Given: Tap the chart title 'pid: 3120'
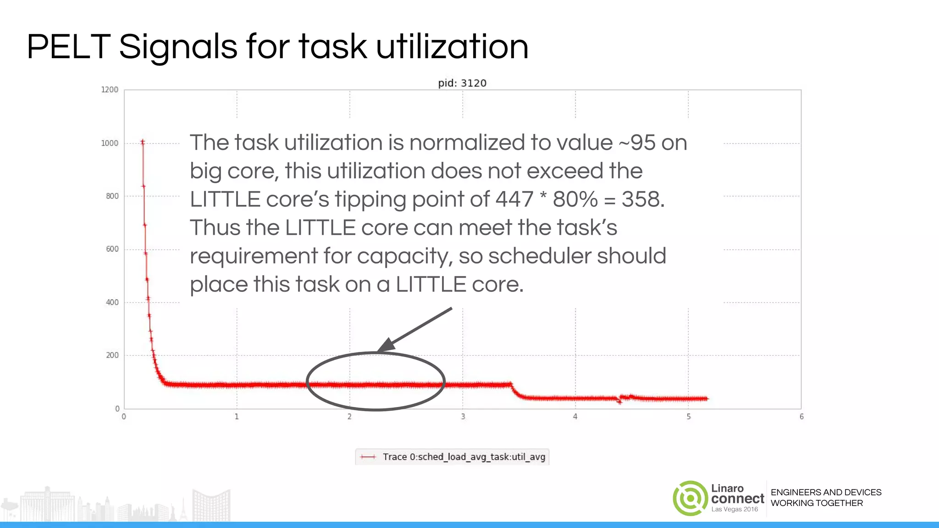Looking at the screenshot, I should [462, 83].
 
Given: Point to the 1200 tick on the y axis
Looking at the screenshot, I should [110, 89].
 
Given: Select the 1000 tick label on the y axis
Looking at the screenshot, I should [110, 143].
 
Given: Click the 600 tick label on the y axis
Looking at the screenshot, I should [112, 249].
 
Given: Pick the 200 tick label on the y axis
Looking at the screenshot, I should [112, 355].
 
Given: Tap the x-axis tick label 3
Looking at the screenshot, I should [463, 417].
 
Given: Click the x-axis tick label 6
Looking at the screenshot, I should [801, 417].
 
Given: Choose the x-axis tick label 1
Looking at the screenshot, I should [237, 417].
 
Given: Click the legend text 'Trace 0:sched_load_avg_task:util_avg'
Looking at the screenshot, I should [464, 457].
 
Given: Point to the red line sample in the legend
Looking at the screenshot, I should [368, 457].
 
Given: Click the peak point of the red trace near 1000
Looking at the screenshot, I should [143, 142].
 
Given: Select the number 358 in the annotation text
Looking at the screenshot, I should [642, 199].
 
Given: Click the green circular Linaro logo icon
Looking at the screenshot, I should [690, 498].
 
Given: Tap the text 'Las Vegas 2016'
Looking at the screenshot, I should [735, 509].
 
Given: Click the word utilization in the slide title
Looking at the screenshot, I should [452, 47].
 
